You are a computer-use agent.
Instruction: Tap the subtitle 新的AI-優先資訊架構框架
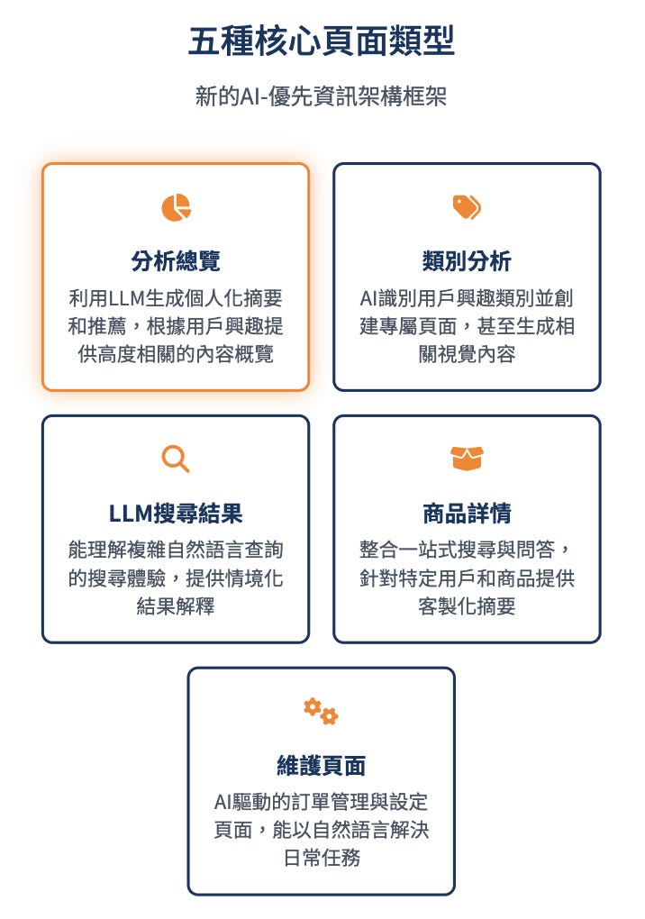tap(322, 96)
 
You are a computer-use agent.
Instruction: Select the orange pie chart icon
tap(176, 207)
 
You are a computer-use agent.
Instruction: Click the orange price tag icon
tap(467, 207)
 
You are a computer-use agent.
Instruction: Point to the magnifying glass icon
tap(176, 459)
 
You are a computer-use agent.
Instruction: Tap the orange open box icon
tap(467, 459)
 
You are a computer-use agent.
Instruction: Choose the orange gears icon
tap(321, 711)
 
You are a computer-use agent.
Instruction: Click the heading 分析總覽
tap(176, 261)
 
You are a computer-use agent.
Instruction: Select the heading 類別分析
tap(467, 261)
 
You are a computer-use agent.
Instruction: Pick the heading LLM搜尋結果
tap(176, 514)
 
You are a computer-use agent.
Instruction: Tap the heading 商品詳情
tap(467, 514)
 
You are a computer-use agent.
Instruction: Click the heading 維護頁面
tap(322, 766)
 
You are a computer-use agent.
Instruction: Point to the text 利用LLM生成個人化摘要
tap(176, 298)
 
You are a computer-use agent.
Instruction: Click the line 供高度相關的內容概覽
tap(176, 354)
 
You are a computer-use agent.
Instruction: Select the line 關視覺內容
tap(467, 354)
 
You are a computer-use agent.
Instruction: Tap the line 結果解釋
tap(176, 605)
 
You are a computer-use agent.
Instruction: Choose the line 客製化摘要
tap(467, 605)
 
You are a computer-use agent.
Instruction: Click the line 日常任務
tap(322, 858)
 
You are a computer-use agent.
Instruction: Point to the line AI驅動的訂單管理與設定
tap(322, 802)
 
